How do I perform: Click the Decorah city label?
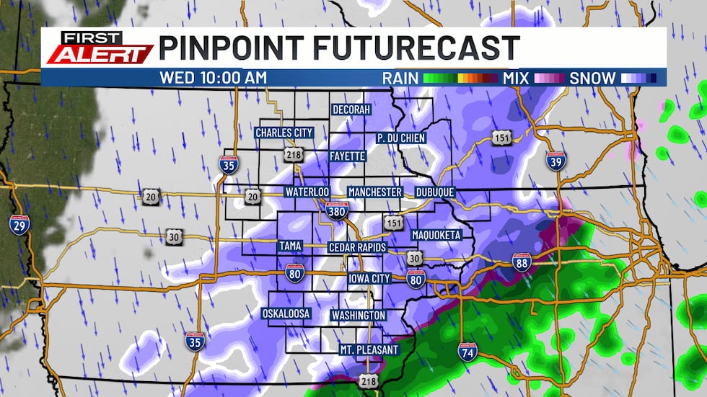pyautogui.click(x=351, y=110)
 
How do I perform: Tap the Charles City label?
pyautogui.click(x=284, y=133)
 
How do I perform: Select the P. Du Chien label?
pyautogui.click(x=401, y=138)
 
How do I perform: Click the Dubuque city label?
pyautogui.click(x=434, y=192)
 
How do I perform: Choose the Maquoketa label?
pyautogui.click(x=436, y=235)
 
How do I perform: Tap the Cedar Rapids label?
pyautogui.click(x=358, y=247)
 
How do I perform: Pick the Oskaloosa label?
pyautogui.click(x=286, y=314)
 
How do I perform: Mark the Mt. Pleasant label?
pyautogui.click(x=369, y=350)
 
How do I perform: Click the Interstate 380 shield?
pyautogui.click(x=341, y=209)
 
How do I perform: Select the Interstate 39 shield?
pyautogui.click(x=555, y=162)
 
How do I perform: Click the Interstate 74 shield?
pyautogui.click(x=467, y=352)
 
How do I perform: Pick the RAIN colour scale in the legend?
pyautogui.click(x=460, y=78)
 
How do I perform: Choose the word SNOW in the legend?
pyautogui.click(x=592, y=78)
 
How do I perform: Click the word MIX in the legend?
pyautogui.click(x=516, y=78)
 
